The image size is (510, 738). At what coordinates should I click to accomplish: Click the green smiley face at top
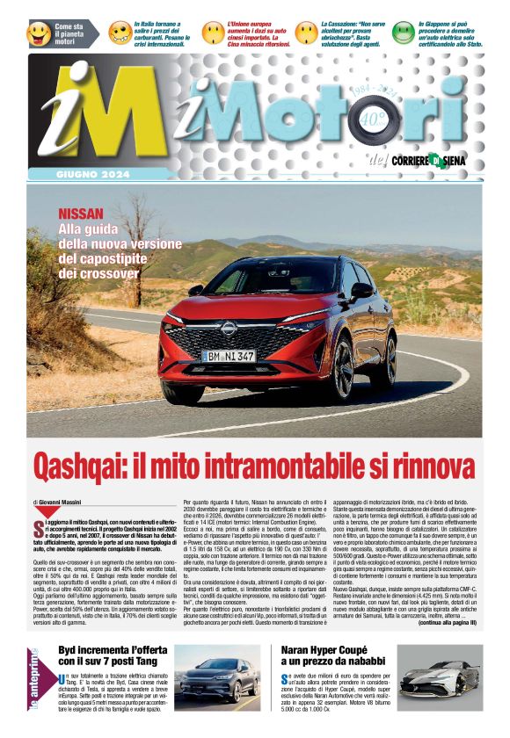click(x=403, y=33)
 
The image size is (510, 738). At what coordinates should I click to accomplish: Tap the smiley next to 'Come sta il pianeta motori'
click(x=40, y=33)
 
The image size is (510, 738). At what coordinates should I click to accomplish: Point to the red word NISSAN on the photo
click(x=81, y=213)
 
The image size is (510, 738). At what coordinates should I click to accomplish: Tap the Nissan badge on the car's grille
click(x=227, y=328)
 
